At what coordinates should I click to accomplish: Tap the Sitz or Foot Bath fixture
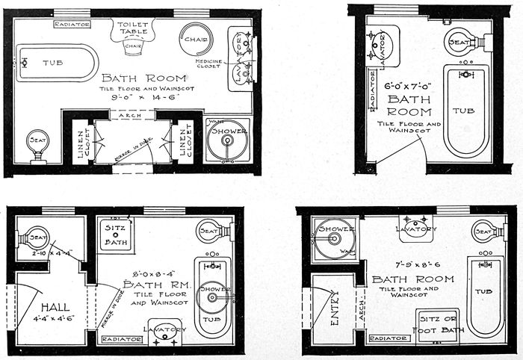pos(439,323)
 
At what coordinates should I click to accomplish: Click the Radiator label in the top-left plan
pos(72,24)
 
